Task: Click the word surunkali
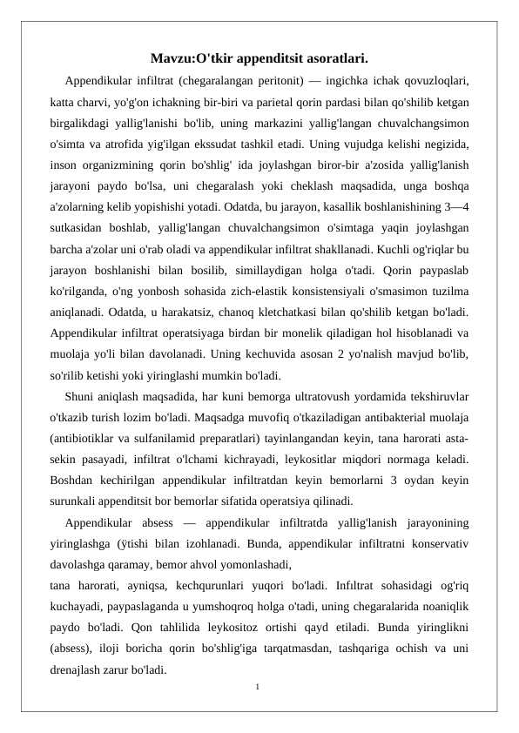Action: (74, 501)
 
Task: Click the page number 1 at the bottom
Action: (259, 688)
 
